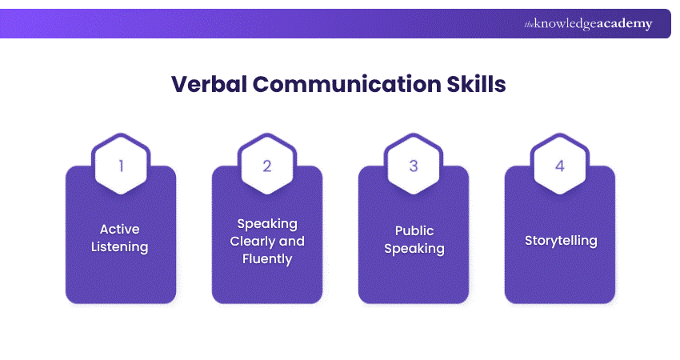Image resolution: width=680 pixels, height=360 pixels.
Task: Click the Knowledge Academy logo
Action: click(x=588, y=24)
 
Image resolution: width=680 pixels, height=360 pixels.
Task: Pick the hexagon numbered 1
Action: click(x=121, y=166)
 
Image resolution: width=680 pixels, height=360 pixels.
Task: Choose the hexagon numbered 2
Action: click(x=267, y=166)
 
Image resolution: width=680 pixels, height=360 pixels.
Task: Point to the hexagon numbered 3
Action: click(x=414, y=166)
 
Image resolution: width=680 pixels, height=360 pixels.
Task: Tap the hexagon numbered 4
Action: click(x=560, y=166)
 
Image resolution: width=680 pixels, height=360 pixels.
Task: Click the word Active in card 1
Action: click(x=121, y=230)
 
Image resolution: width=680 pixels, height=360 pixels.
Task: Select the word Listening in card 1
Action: click(x=121, y=247)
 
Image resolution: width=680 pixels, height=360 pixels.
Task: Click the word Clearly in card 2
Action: click(x=253, y=241)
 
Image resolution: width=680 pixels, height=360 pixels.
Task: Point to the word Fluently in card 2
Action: click(x=267, y=258)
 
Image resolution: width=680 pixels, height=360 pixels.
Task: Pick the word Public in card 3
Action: click(x=414, y=230)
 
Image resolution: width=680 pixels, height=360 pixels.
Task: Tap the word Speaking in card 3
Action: click(x=414, y=248)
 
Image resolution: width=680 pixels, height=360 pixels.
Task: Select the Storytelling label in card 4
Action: click(x=560, y=240)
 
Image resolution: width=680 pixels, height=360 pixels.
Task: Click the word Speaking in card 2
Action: click(x=267, y=223)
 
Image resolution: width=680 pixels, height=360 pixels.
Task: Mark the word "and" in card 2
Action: click(x=292, y=241)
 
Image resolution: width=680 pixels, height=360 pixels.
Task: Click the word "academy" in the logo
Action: click(x=626, y=24)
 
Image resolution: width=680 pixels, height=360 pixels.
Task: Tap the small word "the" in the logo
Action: click(x=529, y=25)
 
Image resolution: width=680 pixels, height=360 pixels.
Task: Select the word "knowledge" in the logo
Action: click(x=566, y=25)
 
